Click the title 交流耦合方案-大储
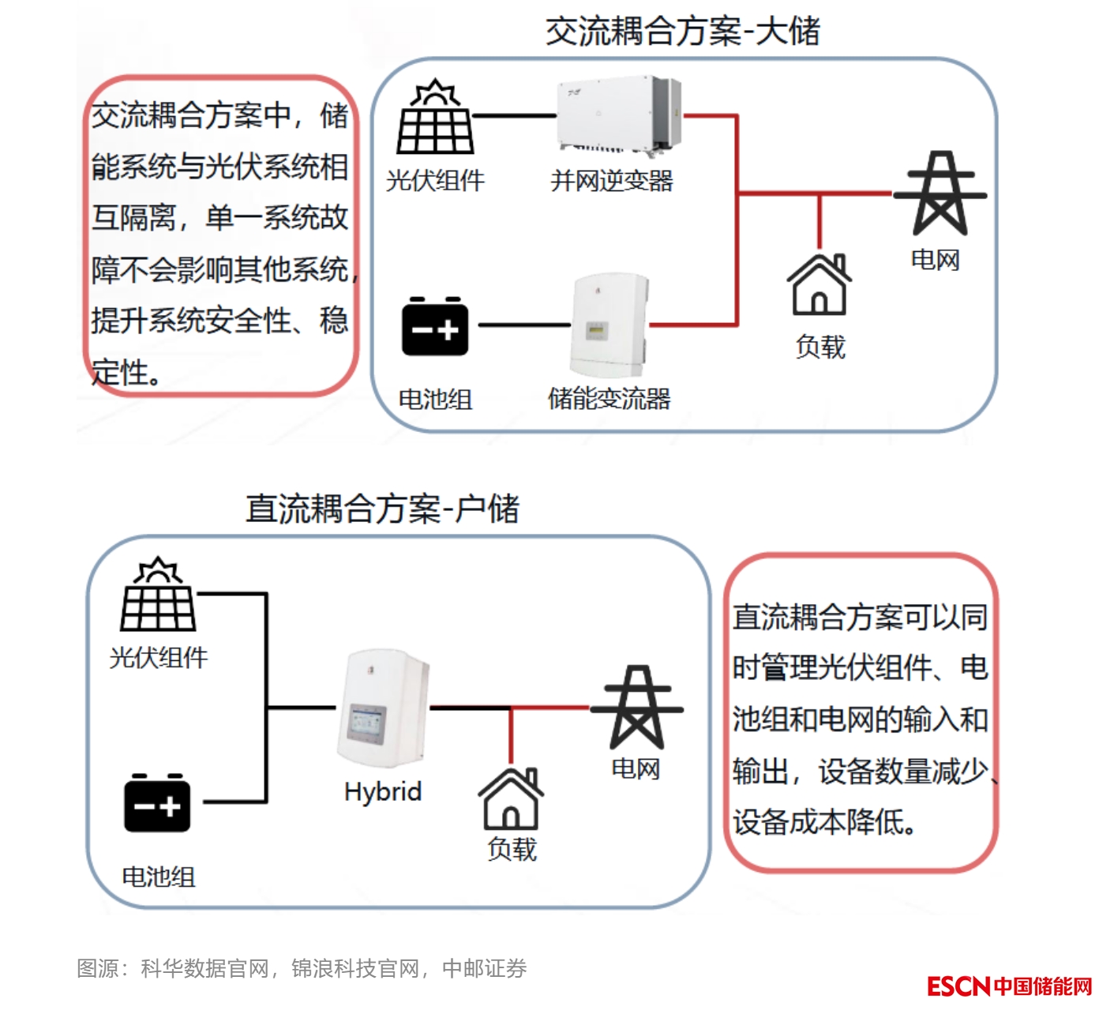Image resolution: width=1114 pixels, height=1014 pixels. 683,32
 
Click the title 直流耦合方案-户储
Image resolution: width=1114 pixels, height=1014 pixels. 383,509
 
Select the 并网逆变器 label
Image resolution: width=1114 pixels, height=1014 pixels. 612,181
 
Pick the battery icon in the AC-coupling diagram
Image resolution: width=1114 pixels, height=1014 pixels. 435,326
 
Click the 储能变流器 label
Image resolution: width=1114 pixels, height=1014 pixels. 610,398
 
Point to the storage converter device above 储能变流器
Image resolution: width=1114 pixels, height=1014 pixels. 608,325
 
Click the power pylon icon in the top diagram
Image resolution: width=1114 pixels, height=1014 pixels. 940,193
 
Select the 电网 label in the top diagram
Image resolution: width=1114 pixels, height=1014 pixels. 935,260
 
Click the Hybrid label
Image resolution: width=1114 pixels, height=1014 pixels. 383,791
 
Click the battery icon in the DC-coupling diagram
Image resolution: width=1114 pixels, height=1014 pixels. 157,802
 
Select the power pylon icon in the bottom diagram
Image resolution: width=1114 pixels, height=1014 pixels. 636,707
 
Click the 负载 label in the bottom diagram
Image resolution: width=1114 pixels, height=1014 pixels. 512,849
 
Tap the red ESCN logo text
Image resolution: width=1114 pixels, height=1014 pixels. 958,986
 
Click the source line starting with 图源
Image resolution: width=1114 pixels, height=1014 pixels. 302,968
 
